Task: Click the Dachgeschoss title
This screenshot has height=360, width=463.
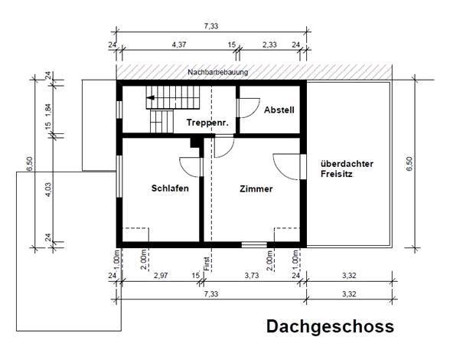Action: pyautogui.click(x=330, y=327)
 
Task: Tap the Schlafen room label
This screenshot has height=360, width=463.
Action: pyautogui.click(x=170, y=188)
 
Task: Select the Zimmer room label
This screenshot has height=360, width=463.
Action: pyautogui.click(x=256, y=189)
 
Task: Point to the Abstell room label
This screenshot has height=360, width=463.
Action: pyautogui.click(x=279, y=110)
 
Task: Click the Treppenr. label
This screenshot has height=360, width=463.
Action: pyautogui.click(x=207, y=123)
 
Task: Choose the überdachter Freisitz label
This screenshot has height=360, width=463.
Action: pyautogui.click(x=347, y=169)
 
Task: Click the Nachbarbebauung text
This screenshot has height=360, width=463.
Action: pyautogui.click(x=218, y=72)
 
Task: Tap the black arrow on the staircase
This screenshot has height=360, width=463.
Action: pyautogui.click(x=151, y=97)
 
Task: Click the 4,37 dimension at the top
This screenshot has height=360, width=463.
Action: pyautogui.click(x=179, y=44)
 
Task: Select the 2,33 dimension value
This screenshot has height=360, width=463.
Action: pyautogui.click(x=269, y=44)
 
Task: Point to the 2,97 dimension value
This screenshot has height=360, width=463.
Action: pyautogui.click(x=161, y=276)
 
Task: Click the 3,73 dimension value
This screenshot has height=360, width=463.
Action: pyautogui.click(x=252, y=276)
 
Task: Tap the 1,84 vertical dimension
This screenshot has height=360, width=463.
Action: pyautogui.click(x=48, y=110)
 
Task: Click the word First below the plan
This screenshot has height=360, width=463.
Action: pyautogui.click(x=207, y=263)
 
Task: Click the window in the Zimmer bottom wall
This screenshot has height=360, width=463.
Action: pyautogui.click(x=254, y=244)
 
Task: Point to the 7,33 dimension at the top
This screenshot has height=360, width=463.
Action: pyautogui.click(x=210, y=26)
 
